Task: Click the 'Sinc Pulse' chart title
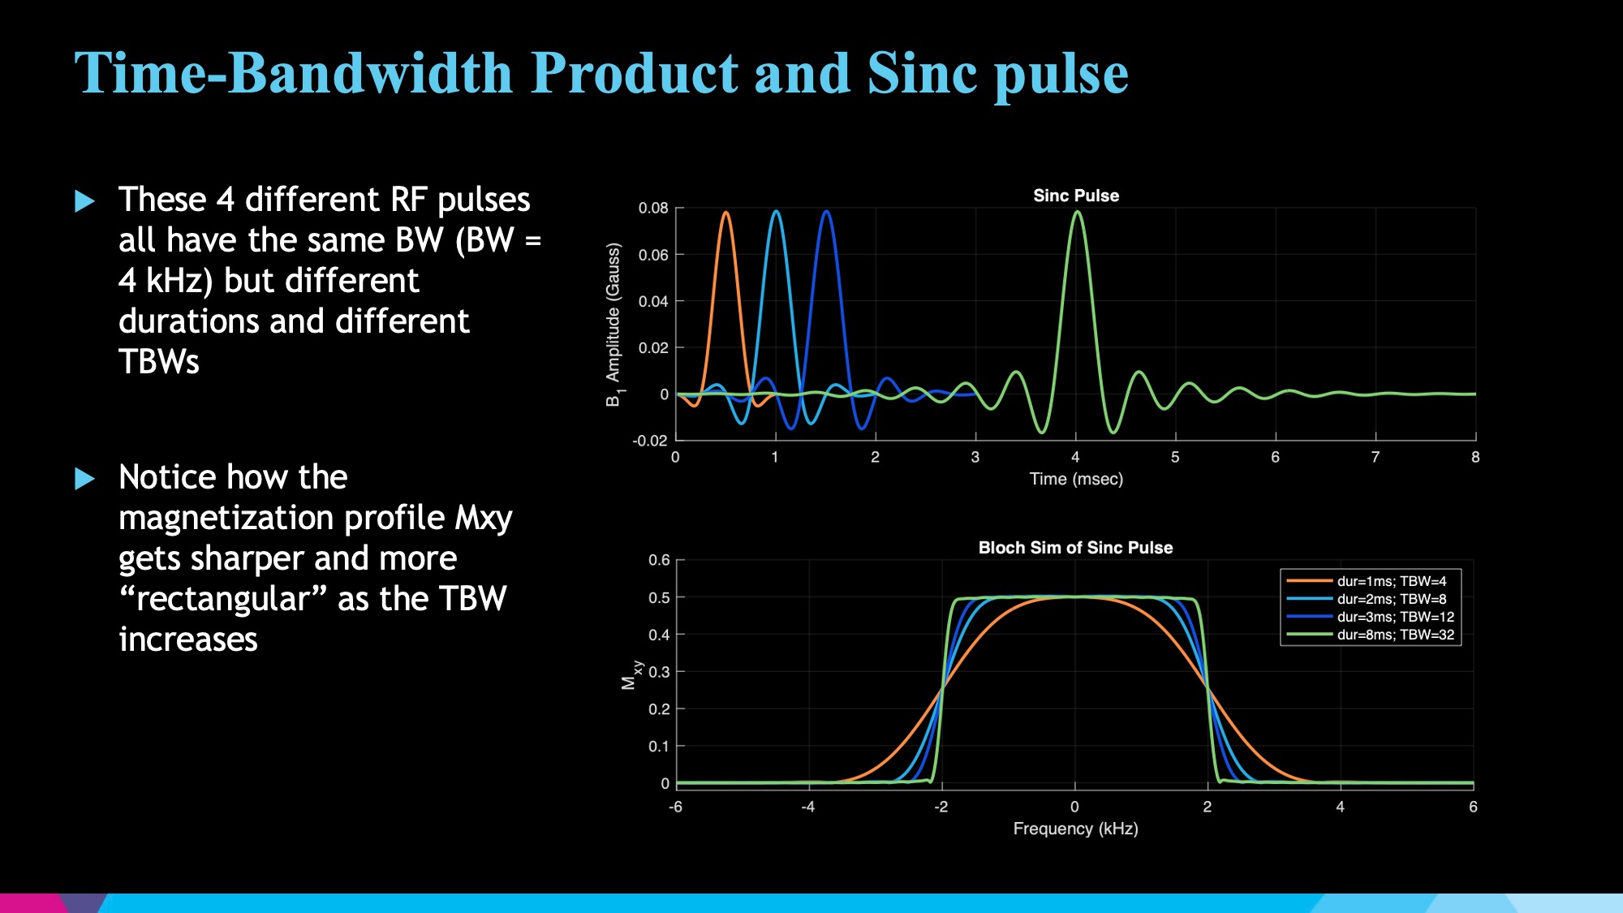click(x=1075, y=196)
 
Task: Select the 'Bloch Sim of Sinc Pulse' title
click(x=1075, y=548)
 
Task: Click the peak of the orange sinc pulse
click(x=725, y=213)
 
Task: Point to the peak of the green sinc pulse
click(x=1077, y=212)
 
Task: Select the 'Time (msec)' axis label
click(x=1076, y=480)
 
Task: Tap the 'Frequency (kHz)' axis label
click(x=1075, y=829)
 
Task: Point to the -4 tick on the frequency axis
click(x=807, y=807)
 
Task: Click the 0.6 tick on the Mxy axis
click(x=659, y=560)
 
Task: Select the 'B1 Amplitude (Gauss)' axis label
click(x=613, y=325)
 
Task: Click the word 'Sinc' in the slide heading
click(x=923, y=73)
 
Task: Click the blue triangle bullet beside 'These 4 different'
click(x=84, y=200)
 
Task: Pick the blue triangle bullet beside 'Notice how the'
click(x=84, y=478)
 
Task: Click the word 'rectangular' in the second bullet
click(x=223, y=600)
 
